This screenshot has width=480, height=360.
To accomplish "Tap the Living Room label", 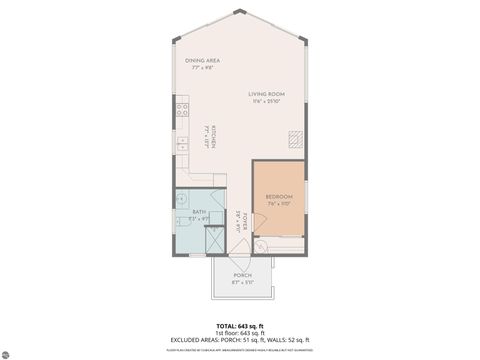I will pyautogui.click(x=267, y=94).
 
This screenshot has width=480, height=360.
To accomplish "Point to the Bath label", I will pyautogui.click(x=199, y=212).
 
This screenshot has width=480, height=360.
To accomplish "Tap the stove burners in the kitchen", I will pyautogui.click(x=183, y=111).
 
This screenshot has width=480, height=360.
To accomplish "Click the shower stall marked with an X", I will pyautogui.click(x=213, y=241).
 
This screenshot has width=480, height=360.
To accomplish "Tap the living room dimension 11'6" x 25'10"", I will pyautogui.click(x=267, y=102).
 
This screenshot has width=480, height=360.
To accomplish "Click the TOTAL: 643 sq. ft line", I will pyautogui.click(x=240, y=326).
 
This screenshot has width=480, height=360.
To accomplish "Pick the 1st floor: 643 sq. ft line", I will pyautogui.click(x=240, y=333).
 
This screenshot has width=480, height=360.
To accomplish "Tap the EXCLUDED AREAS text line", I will pyautogui.click(x=240, y=340).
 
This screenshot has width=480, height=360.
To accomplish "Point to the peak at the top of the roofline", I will pyautogui.click(x=239, y=12).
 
